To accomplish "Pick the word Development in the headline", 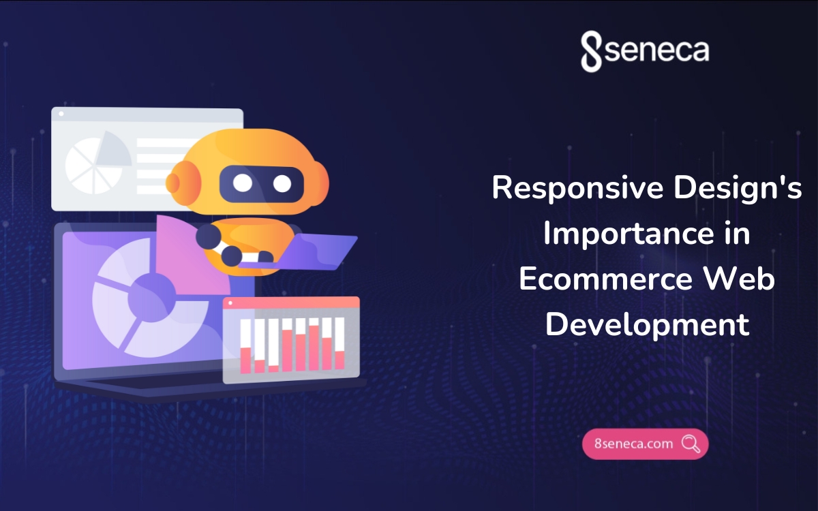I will coord(647,325).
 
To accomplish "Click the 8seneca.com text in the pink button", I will coord(633,444).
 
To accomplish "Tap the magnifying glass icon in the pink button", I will coord(691,444).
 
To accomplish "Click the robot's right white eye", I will coord(282,183).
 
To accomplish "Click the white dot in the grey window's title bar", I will coord(61,114).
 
